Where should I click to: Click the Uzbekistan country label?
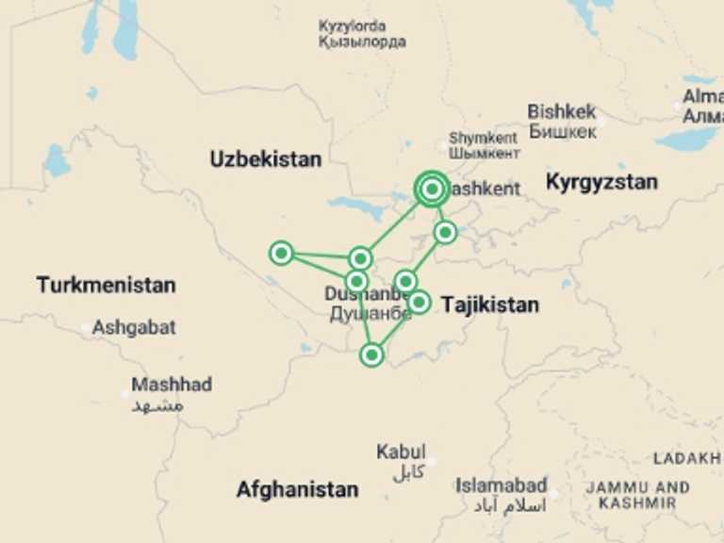click(265, 159)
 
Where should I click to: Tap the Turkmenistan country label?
click(106, 285)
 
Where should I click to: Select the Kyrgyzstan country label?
click(601, 182)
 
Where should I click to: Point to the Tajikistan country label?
click(490, 304)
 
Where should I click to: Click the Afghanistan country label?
click(297, 490)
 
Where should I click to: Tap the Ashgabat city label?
click(134, 328)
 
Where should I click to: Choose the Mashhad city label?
click(172, 385)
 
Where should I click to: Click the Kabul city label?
click(401, 452)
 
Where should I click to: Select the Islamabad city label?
click(501, 486)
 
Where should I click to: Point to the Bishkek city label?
click(562, 111)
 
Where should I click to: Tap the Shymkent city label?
click(484, 137)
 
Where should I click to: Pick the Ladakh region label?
click(686, 458)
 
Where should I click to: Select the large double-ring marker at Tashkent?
click(432, 190)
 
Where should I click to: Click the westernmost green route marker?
click(281, 253)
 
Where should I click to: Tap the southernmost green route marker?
click(372, 354)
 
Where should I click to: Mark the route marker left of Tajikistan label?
click(420, 302)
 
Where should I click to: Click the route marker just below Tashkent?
click(446, 232)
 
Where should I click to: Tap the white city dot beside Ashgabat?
click(86, 329)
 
